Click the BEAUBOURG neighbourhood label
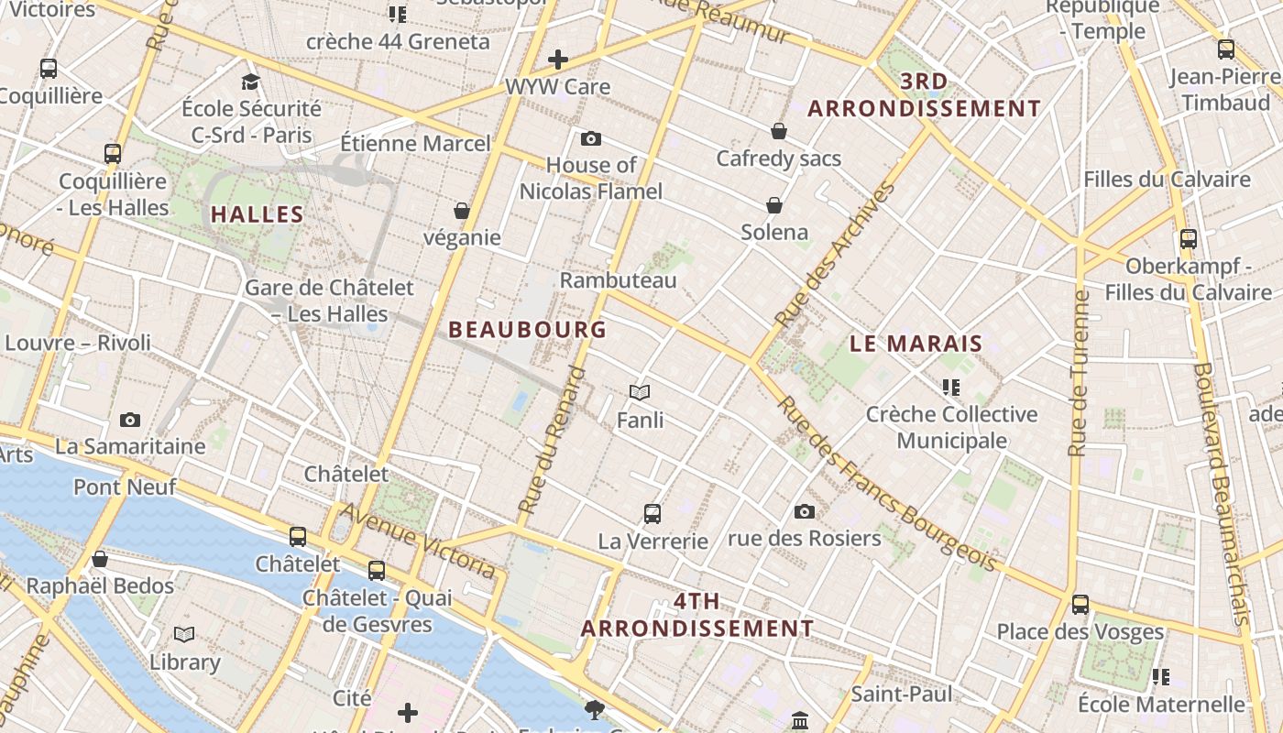[527, 329]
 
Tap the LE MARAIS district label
[916, 345]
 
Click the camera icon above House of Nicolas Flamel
[591, 138]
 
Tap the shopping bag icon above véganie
[462, 211]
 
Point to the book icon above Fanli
[640, 392]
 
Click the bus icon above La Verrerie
[652, 513]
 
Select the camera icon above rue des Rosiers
[805, 511]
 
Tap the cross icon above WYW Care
[557, 60]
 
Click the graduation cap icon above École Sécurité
[251, 82]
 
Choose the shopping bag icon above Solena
[774, 204]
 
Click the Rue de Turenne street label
[1080, 372]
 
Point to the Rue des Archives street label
[835, 255]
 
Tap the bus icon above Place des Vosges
[1080, 605]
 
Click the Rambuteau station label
[618, 280]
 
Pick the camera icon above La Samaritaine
[130, 420]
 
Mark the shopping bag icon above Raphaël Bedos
[100, 559]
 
